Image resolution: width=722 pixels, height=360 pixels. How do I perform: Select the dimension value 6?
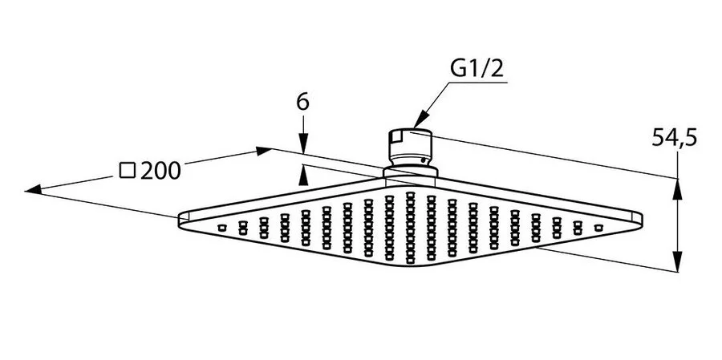(x=302, y=102)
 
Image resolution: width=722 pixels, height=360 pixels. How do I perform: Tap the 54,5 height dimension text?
(x=674, y=138)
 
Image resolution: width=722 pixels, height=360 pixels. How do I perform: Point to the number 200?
(x=160, y=170)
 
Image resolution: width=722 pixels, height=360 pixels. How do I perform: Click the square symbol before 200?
(x=126, y=170)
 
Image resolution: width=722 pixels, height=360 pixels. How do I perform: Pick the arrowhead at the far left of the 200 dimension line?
(x=32, y=190)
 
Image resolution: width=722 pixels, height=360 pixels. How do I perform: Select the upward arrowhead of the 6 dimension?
(x=303, y=170)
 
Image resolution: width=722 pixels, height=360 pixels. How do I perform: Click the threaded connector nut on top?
(x=410, y=145)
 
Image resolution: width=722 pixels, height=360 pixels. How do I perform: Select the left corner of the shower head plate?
(x=180, y=216)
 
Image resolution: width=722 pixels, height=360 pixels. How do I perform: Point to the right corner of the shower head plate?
(x=642, y=217)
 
